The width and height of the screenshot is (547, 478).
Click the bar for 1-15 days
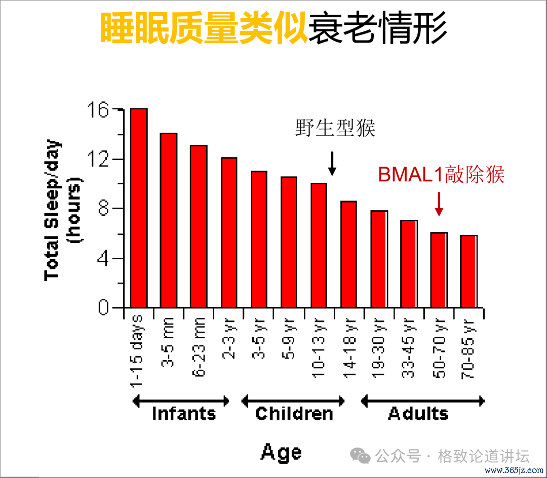(x=139, y=208)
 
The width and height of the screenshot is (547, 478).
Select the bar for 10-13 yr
(x=319, y=246)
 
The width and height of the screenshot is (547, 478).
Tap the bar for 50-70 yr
(x=439, y=270)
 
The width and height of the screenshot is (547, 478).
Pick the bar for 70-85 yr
(x=468, y=271)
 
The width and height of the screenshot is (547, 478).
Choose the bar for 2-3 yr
(x=229, y=232)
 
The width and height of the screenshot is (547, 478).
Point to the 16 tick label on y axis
(x=98, y=110)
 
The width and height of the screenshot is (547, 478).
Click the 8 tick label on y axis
(x=104, y=209)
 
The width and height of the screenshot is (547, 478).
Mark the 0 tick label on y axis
(x=103, y=307)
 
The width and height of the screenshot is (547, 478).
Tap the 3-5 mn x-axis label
(x=168, y=342)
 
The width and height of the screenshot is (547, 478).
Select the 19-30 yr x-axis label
(x=378, y=348)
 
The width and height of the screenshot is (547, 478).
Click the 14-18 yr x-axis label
(x=349, y=348)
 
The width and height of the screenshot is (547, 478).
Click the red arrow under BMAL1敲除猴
(x=439, y=204)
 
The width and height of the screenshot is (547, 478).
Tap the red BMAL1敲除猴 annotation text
(x=441, y=174)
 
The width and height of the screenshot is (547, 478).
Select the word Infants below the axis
(x=184, y=414)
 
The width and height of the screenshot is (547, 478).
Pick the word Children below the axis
(x=294, y=414)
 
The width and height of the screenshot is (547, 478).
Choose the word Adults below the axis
(x=418, y=414)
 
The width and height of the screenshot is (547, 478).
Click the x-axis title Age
(x=281, y=453)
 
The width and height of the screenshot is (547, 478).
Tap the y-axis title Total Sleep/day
(x=52, y=210)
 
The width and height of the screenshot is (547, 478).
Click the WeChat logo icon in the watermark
(x=361, y=456)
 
